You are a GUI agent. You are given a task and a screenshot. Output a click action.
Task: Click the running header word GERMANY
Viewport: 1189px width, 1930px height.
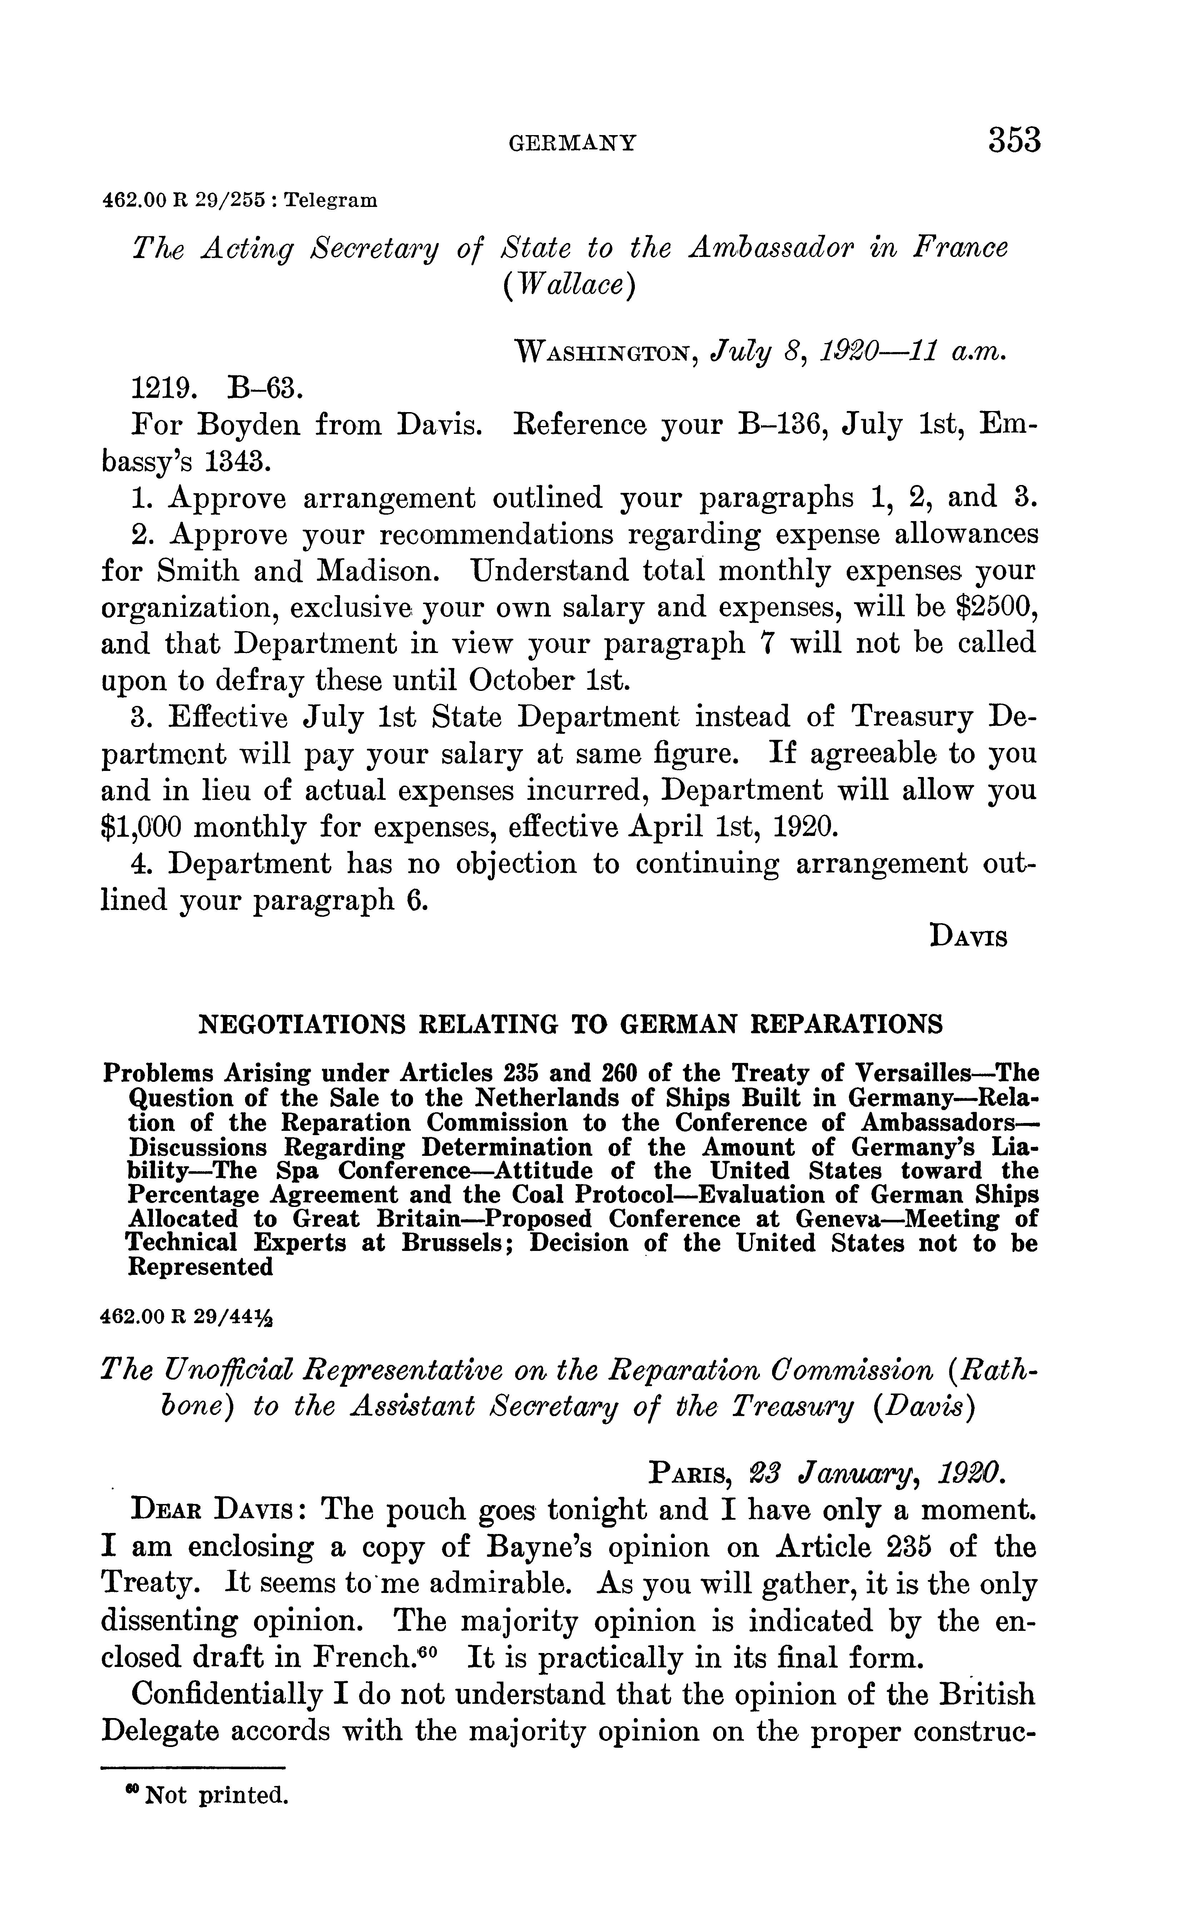[x=572, y=143]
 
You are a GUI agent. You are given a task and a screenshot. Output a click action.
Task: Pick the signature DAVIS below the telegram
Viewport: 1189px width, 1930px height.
[x=968, y=937]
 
